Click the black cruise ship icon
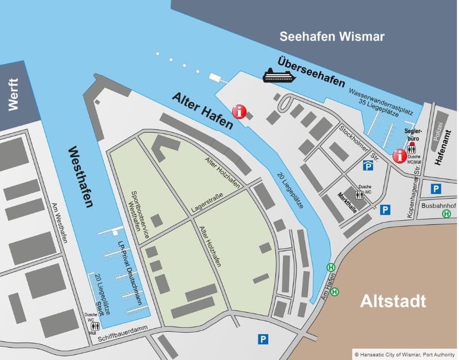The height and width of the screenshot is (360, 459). pos(278,76)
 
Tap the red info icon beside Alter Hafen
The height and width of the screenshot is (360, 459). pos(239,111)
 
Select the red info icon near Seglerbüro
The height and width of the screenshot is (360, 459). pos(399,156)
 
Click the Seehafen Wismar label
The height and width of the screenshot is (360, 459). pos(332,37)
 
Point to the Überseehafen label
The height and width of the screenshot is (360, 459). pos(311,71)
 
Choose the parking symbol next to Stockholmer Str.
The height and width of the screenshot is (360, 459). pos(368,165)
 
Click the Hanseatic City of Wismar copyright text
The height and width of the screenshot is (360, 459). pos(405,354)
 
